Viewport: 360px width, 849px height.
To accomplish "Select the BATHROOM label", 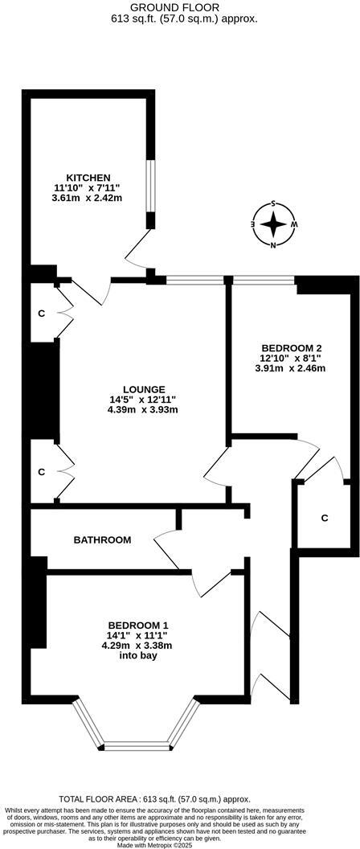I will point(102,539).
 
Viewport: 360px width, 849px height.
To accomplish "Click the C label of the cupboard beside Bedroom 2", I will point(325,518).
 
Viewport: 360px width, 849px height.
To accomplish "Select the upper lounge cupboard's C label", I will point(41,313).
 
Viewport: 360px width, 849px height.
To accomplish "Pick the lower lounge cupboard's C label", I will point(41,472).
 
